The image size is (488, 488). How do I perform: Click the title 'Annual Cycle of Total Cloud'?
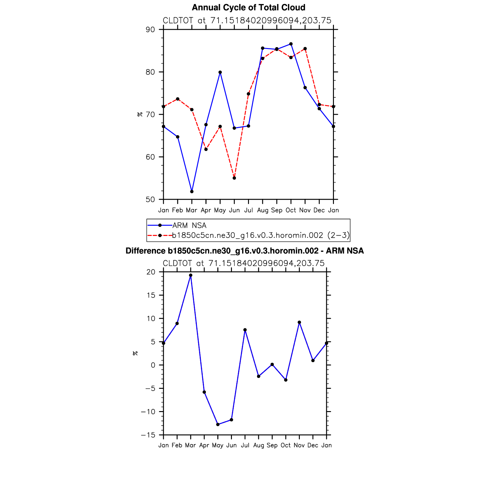(248, 7)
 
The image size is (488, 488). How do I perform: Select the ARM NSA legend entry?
(189, 225)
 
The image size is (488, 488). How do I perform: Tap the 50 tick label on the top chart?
(150, 199)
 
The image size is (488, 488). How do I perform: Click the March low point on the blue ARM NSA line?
(192, 192)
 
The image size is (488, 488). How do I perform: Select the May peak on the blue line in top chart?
(220, 72)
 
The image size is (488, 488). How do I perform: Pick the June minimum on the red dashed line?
(234, 178)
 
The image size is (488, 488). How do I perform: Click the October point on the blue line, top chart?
(291, 44)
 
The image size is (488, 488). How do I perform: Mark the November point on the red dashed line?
(305, 49)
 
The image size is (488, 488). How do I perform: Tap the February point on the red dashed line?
(178, 99)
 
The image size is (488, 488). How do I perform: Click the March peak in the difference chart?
(191, 275)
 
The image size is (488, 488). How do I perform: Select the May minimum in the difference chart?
(218, 424)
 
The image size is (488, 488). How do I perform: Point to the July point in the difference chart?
(245, 330)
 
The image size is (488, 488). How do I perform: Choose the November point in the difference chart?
(299, 322)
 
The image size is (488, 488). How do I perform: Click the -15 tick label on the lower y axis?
(148, 435)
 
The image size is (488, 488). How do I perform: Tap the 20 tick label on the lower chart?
(151, 272)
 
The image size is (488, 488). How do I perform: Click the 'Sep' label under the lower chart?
(272, 446)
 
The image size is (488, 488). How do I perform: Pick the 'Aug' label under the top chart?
(263, 211)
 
